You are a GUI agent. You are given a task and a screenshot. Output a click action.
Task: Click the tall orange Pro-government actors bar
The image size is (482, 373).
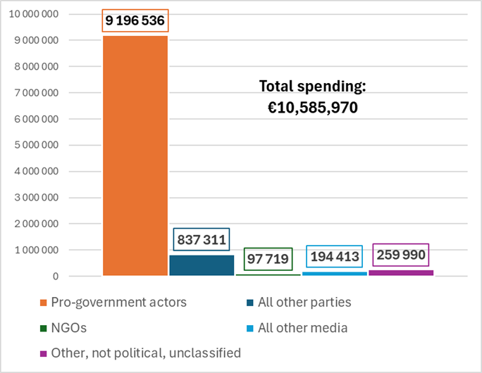(135, 155)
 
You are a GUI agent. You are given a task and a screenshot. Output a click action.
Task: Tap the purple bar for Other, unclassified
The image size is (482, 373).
(400, 272)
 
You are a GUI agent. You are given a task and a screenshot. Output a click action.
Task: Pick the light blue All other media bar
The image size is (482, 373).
(334, 274)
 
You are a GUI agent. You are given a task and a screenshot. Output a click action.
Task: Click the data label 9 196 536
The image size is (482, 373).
(135, 22)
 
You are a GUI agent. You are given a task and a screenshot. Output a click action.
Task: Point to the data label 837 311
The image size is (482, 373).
(202, 239)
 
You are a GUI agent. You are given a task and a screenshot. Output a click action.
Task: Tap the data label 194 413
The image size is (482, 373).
(334, 256)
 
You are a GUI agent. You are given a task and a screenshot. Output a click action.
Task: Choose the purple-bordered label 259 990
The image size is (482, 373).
(400, 254)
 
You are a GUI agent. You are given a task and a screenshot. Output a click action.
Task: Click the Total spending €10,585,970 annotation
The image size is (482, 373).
(313, 97)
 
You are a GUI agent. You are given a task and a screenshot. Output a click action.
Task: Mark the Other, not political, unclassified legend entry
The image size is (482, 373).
(141, 353)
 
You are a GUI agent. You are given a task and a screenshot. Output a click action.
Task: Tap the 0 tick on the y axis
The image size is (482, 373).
(56, 277)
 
